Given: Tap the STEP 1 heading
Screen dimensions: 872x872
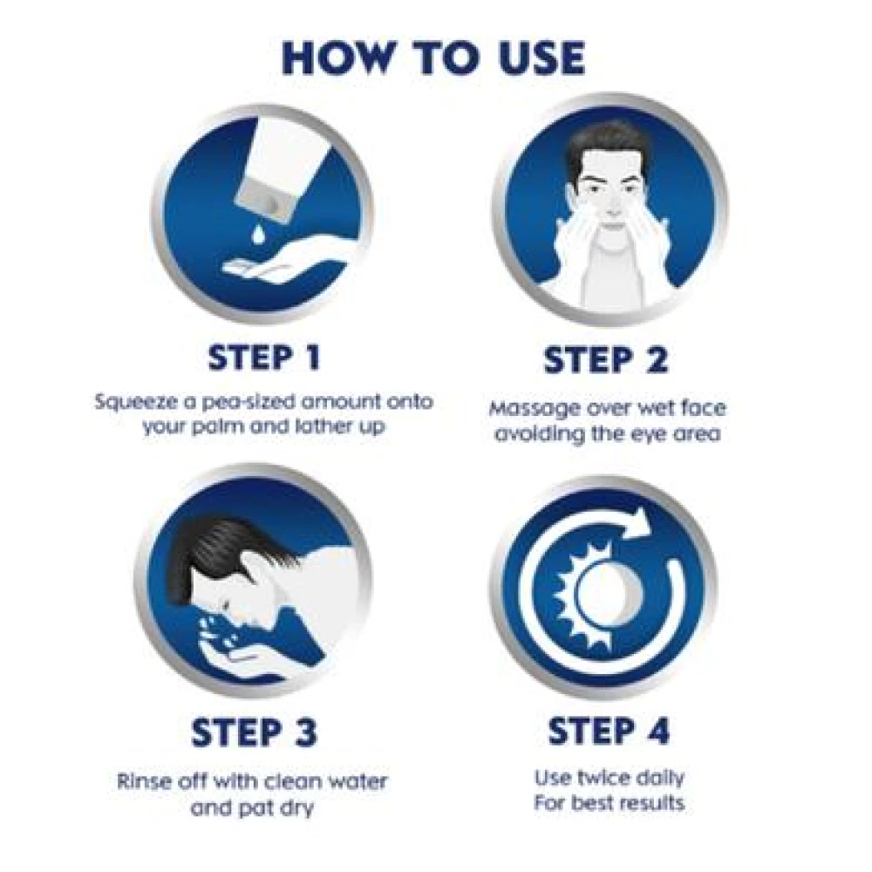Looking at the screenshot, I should (262, 358).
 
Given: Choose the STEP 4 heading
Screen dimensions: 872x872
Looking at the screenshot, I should (609, 732).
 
